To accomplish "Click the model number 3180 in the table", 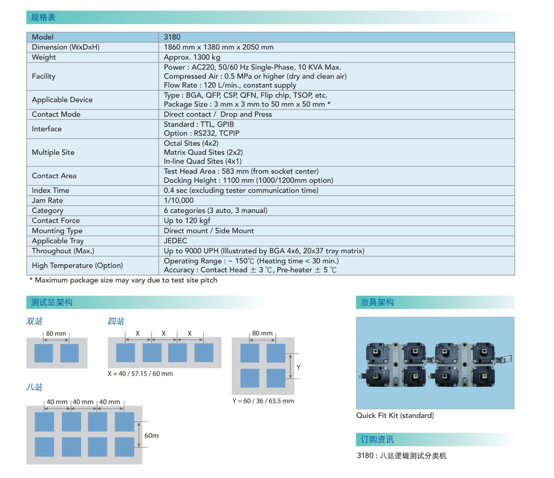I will click(172, 37).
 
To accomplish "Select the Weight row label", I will click(44, 57).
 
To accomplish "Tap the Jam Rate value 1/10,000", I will click(179, 201).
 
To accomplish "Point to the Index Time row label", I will click(50, 191).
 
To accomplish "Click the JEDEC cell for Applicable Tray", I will click(175, 241).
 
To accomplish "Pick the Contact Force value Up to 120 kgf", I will click(187, 221).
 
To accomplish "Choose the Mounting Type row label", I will click(57, 231).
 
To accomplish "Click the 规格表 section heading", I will click(43, 17).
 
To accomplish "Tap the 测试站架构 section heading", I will click(52, 302).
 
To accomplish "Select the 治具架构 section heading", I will click(377, 302).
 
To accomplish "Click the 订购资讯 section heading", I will click(377, 440).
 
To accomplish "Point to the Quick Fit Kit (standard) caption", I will click(395, 415).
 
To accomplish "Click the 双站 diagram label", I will click(34, 321).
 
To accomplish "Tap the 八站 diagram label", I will click(34, 387).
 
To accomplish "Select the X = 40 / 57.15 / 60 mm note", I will click(140, 374).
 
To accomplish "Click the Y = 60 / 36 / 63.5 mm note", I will click(263, 401).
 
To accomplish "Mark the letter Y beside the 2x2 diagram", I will click(298, 367).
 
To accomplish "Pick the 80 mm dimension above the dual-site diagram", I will click(56, 334).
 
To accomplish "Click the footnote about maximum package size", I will click(124, 280).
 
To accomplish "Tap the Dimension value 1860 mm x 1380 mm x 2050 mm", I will click(218, 47).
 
